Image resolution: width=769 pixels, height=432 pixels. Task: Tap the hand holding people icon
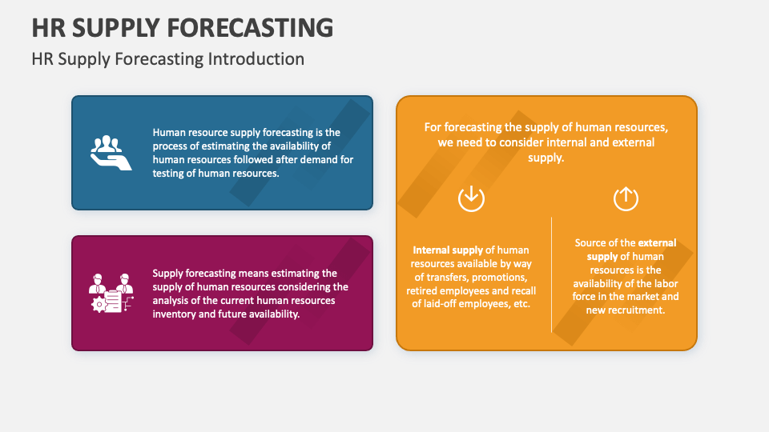[x=111, y=153]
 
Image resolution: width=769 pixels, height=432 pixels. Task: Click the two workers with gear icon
[x=111, y=293]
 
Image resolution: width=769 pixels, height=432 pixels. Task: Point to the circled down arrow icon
[x=471, y=198]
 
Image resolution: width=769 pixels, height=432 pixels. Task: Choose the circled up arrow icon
[x=626, y=198]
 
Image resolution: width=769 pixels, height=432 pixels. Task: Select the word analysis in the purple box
[x=172, y=300]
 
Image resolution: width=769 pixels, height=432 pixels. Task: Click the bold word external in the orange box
[x=657, y=242]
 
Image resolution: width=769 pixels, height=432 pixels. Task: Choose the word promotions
[x=500, y=277]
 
